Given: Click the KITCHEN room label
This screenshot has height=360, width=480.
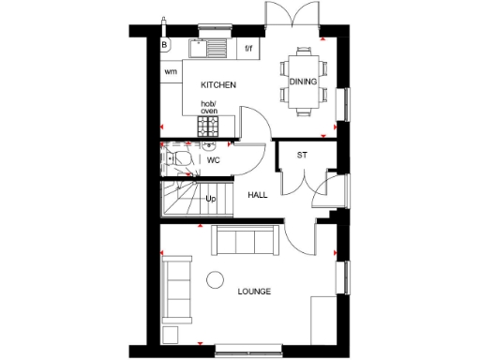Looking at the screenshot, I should tap(217, 84).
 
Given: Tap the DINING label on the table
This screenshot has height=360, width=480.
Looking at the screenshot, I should tap(303, 82).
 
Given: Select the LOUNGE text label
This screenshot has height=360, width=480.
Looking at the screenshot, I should tap(253, 292).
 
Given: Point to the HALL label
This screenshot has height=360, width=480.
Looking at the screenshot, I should tap(257, 195).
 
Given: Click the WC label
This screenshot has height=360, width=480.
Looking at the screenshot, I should tap(213, 160).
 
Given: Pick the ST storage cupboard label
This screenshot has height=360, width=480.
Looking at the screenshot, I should tap(302, 154).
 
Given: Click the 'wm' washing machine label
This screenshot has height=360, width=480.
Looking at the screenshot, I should tap(171, 72).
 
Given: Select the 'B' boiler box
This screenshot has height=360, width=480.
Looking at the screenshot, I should tap(165, 44).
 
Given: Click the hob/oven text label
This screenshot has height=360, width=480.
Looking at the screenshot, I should tap(208, 108).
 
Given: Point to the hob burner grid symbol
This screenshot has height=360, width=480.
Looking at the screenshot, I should tap(206, 124).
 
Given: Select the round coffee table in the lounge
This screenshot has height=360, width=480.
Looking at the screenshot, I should tap(216, 278).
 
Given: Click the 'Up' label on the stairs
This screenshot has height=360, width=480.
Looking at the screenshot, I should tap(211, 199).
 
